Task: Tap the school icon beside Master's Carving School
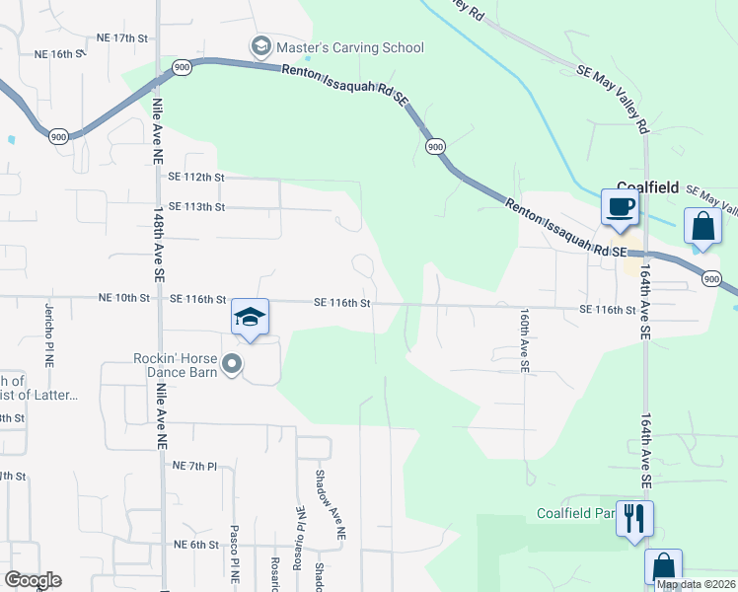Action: [x=260, y=46]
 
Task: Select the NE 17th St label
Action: [x=121, y=37]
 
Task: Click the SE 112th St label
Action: [x=197, y=177]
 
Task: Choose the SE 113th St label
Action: [x=197, y=207]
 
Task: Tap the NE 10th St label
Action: [x=123, y=298]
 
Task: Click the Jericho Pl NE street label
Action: [x=47, y=334]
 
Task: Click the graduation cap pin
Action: [x=250, y=318]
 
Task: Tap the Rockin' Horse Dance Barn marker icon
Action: [x=233, y=365]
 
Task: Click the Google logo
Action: [x=33, y=580]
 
